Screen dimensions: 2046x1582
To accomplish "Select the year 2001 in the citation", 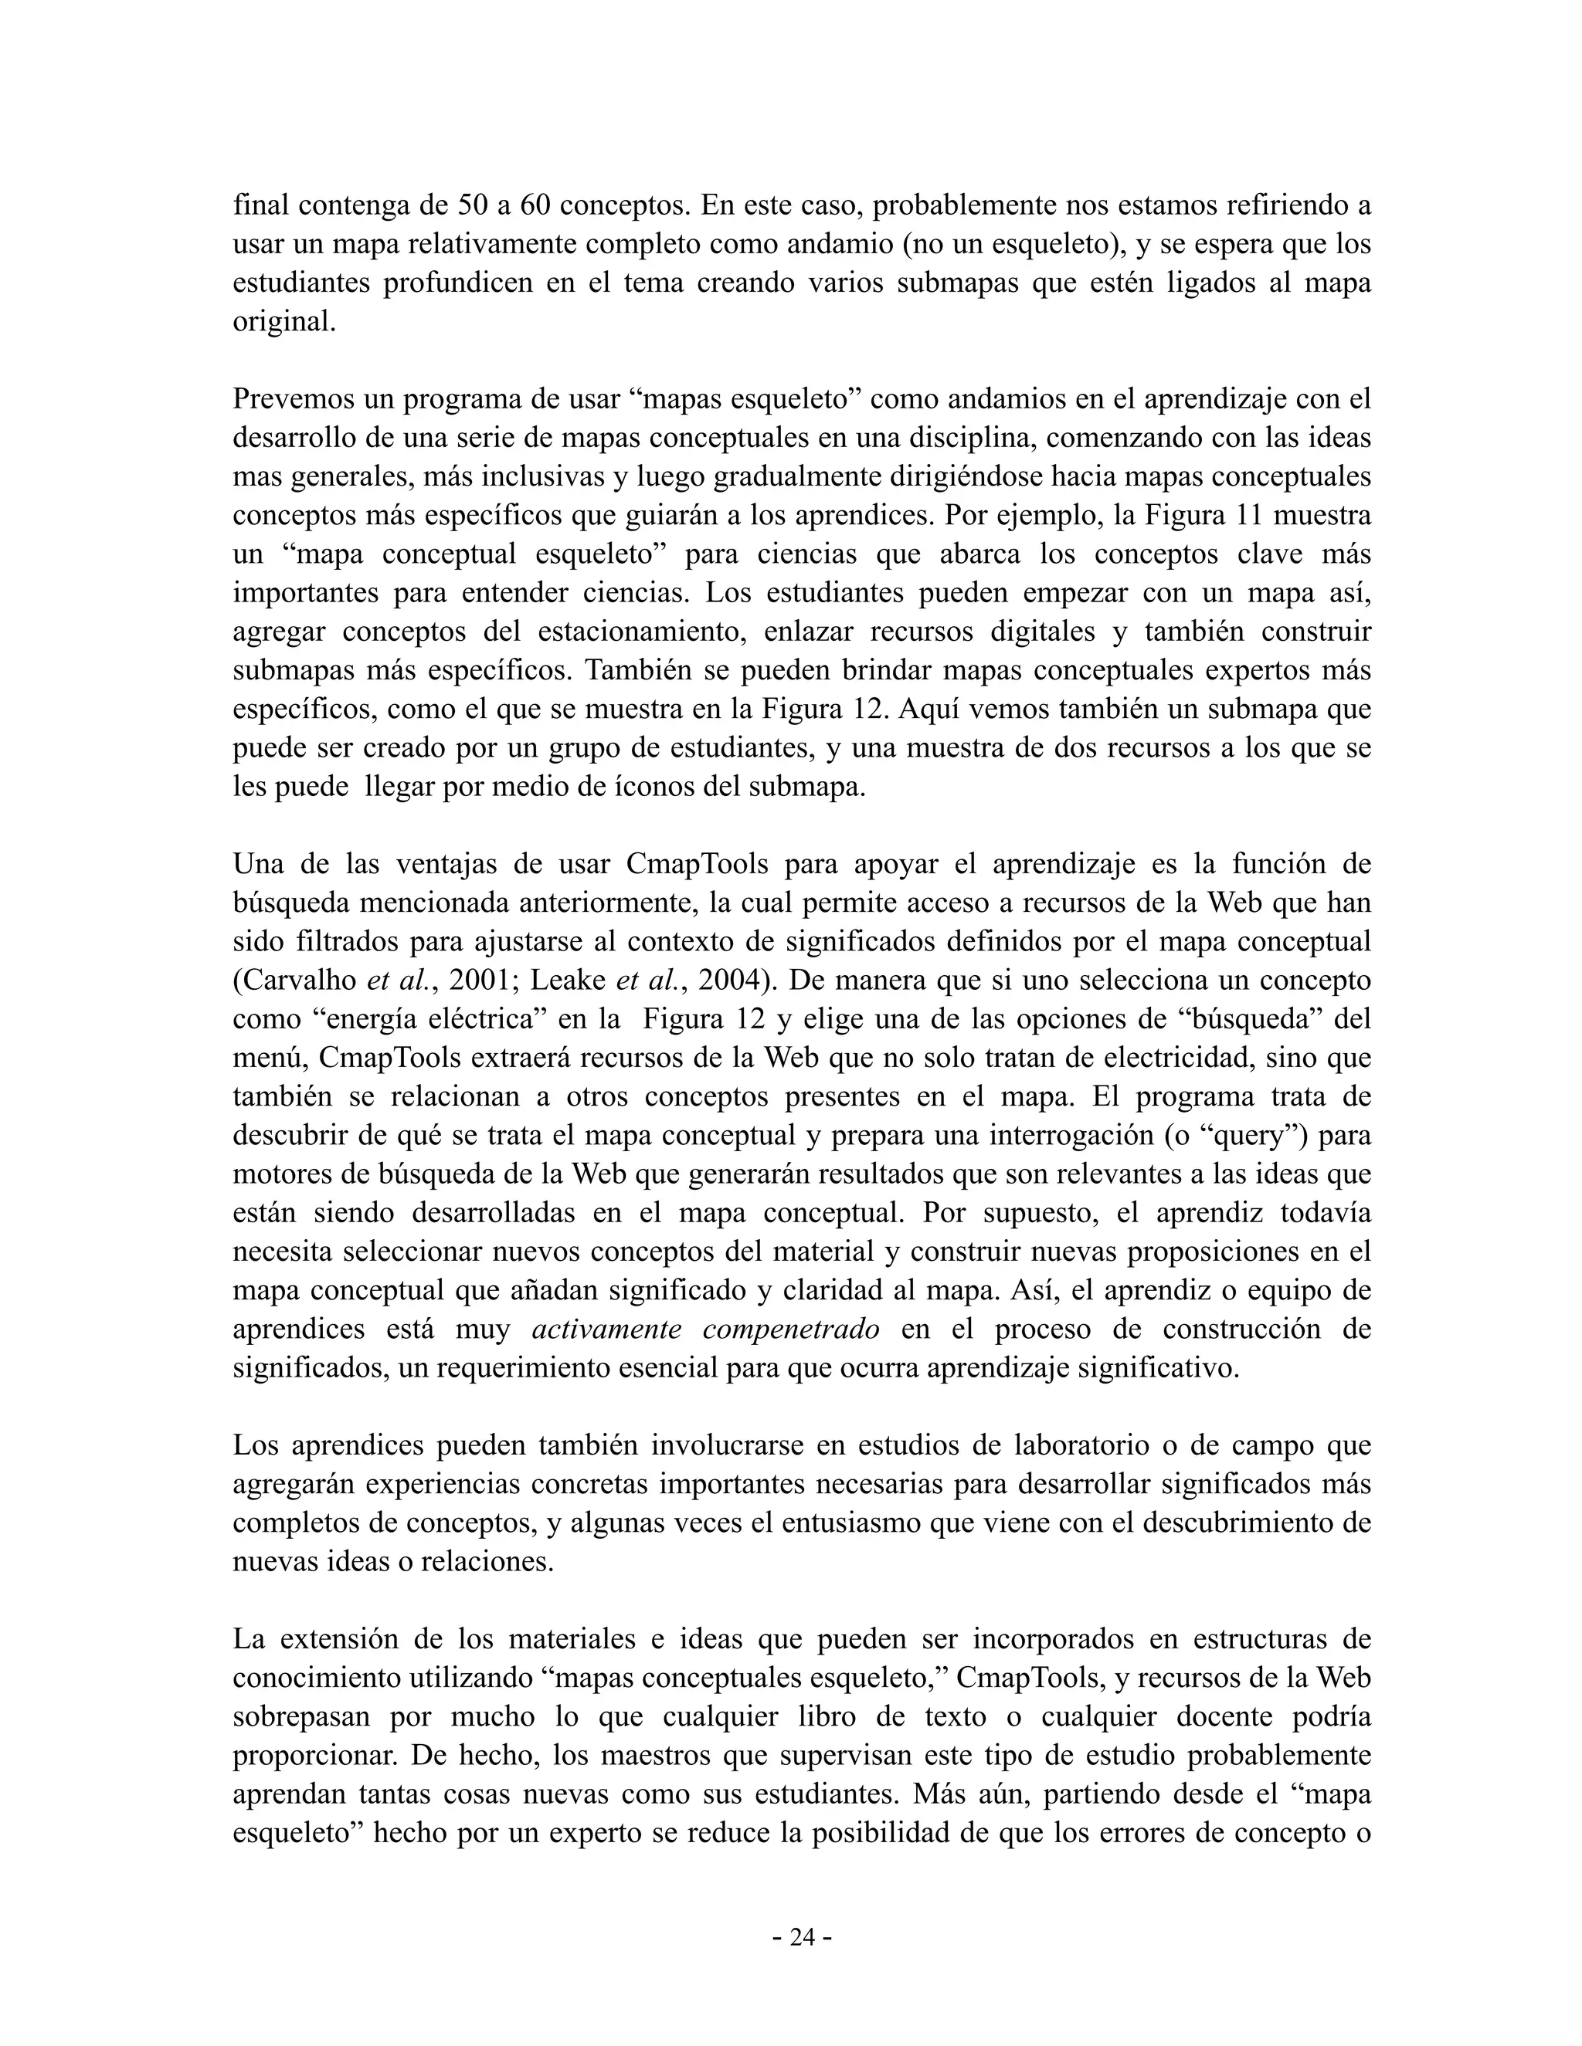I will (x=479, y=980).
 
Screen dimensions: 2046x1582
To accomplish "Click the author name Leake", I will (x=568, y=980).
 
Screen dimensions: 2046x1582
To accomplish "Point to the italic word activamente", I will (x=607, y=1330).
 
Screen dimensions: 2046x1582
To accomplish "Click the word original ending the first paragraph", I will (x=283, y=321).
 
